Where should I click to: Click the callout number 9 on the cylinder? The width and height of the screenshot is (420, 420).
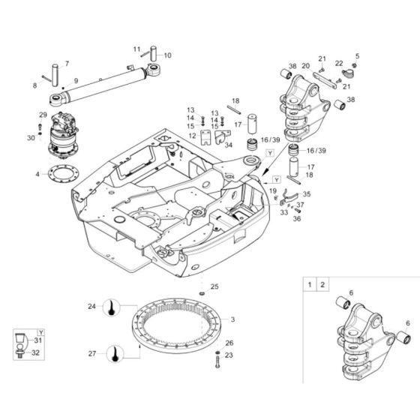[x=75, y=81]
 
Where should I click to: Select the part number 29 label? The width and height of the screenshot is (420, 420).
[x=43, y=114]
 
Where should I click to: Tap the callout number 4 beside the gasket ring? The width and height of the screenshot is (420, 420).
[x=37, y=175]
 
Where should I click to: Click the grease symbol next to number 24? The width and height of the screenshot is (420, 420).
[x=112, y=307]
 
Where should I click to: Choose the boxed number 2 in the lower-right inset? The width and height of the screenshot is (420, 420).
[x=323, y=285]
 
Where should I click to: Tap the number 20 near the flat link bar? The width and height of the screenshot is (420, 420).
[x=305, y=66]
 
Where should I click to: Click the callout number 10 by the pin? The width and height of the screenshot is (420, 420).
[x=167, y=55]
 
